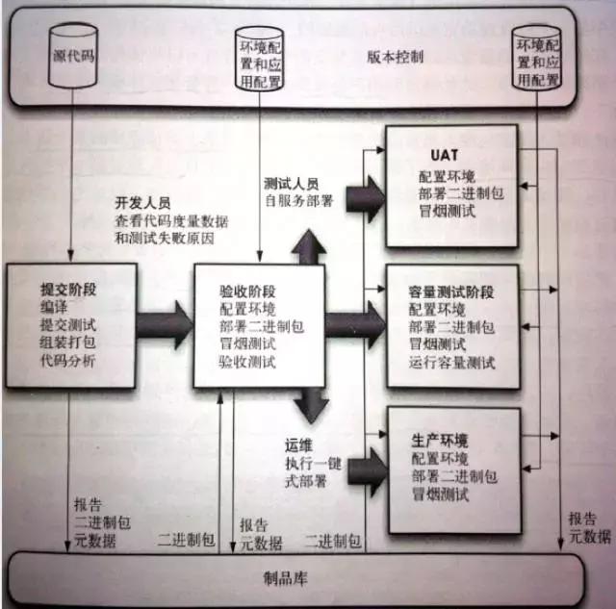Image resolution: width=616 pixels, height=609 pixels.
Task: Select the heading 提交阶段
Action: pos(70,287)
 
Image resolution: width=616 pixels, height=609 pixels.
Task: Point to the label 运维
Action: pos(296,445)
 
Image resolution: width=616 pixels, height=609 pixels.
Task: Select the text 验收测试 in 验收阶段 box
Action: pos(247,362)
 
